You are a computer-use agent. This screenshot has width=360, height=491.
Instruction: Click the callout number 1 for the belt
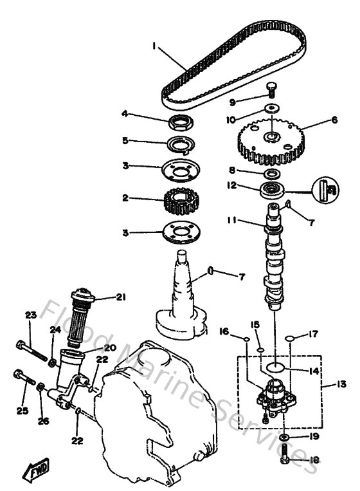click(x=155, y=46)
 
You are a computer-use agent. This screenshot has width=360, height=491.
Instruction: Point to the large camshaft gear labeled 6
click(x=274, y=142)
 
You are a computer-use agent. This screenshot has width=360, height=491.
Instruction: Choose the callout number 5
click(x=126, y=140)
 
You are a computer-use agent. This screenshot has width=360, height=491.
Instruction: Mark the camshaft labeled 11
click(x=274, y=257)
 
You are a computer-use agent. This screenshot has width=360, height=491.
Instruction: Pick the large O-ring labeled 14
click(x=275, y=367)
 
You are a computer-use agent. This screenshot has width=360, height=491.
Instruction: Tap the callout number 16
click(x=224, y=331)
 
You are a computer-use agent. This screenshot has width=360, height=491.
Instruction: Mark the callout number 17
click(x=314, y=334)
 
